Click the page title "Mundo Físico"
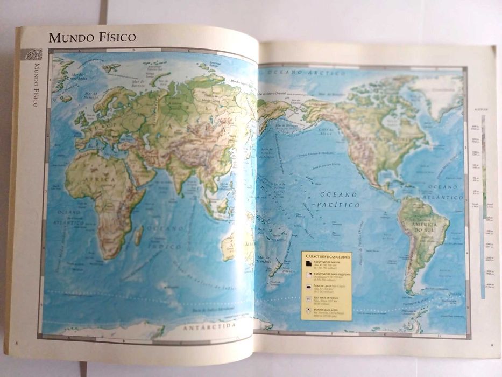click(x=92, y=38)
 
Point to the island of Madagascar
click(x=138, y=234)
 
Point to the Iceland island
click(x=66, y=99)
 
